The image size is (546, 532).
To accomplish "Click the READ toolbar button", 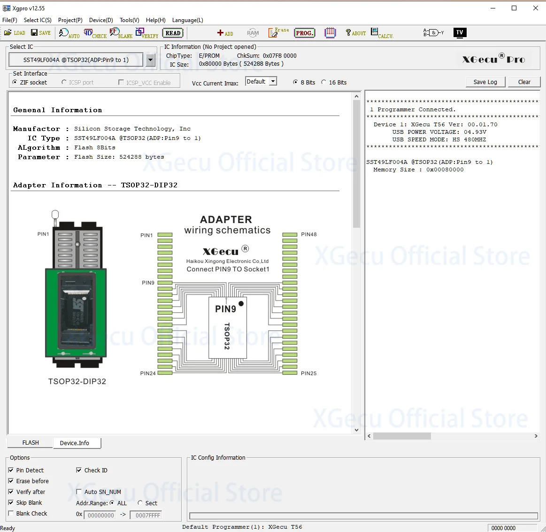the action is coord(173,33).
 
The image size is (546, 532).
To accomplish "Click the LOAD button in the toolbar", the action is coord(15,33).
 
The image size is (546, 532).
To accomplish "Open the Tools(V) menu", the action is coord(129,20).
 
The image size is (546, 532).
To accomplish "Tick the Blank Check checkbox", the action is coord(11,513).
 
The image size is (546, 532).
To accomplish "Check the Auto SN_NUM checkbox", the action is coord(79,492).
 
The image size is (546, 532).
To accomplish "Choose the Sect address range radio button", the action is coord(140,503).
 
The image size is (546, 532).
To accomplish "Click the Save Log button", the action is coord(485,82).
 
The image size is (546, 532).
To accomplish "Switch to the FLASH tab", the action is coord(31,442).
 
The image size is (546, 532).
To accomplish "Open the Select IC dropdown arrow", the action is coord(150,60).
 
